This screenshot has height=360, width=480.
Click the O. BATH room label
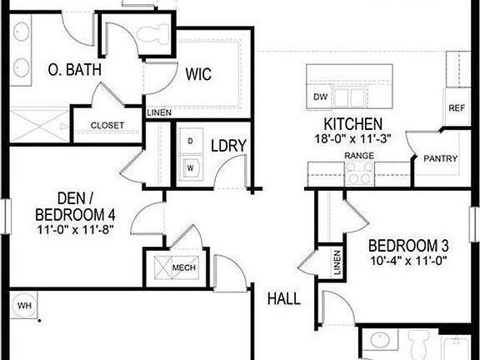pos(74,70)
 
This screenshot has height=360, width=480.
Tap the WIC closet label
pos(198,74)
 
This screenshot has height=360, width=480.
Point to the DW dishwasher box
pos(321,97)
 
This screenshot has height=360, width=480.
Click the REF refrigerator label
pos(457,109)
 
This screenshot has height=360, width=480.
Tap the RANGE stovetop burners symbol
pos(360,173)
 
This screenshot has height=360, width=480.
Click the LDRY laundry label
pos(228,146)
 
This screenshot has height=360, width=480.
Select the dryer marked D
pos(190,142)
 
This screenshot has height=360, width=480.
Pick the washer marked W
pos(190,167)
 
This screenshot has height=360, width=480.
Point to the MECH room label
pos(183,267)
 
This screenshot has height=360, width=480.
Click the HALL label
pos(283,298)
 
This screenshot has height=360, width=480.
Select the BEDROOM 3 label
pos(409,246)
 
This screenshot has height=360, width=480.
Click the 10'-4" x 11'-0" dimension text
pos(408,260)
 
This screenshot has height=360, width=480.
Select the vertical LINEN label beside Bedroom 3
pos(337,264)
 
